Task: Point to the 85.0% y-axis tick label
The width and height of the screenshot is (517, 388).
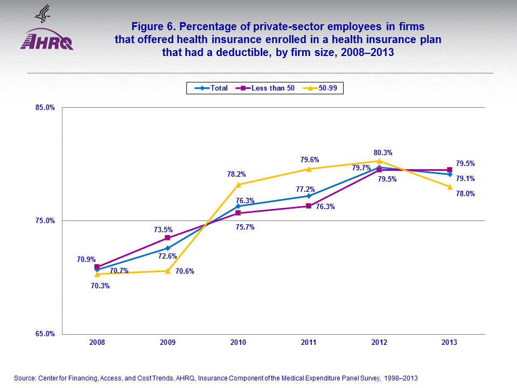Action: [x=46, y=107]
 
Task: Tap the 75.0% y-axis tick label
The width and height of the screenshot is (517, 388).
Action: [x=46, y=220]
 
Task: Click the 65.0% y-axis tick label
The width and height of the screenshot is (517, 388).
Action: [x=46, y=334]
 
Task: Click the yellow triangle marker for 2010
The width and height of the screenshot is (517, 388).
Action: [x=238, y=184]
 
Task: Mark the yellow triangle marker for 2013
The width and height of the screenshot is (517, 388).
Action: [x=450, y=186]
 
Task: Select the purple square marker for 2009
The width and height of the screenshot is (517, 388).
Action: [x=167, y=238]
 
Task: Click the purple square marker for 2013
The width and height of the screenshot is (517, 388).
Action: [x=450, y=170]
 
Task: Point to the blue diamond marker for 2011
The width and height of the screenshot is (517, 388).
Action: [x=309, y=196]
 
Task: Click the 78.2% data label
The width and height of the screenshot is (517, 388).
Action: [x=237, y=174]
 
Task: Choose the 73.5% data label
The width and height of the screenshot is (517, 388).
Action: [x=164, y=230]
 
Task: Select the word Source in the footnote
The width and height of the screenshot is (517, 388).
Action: [x=24, y=378]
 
